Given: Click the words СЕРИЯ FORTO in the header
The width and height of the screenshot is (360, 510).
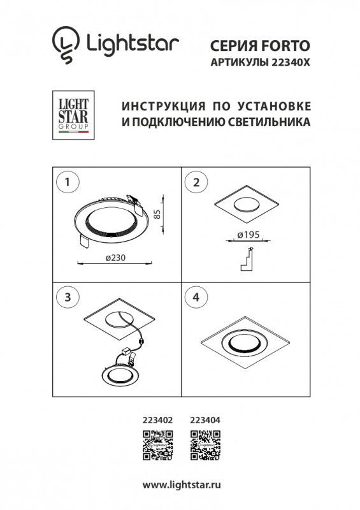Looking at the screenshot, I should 260,45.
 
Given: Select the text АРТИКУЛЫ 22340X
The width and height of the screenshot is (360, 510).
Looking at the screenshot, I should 260,62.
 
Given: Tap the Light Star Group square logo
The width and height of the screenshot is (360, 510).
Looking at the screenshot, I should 71,115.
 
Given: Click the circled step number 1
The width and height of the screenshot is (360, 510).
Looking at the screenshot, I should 68,182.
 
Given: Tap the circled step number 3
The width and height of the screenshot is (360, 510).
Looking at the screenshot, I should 68,296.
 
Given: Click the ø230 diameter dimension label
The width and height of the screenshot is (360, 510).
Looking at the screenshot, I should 114,258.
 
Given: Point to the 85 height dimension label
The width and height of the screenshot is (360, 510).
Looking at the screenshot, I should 158,215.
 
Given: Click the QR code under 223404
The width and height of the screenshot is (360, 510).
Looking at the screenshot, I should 206,445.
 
